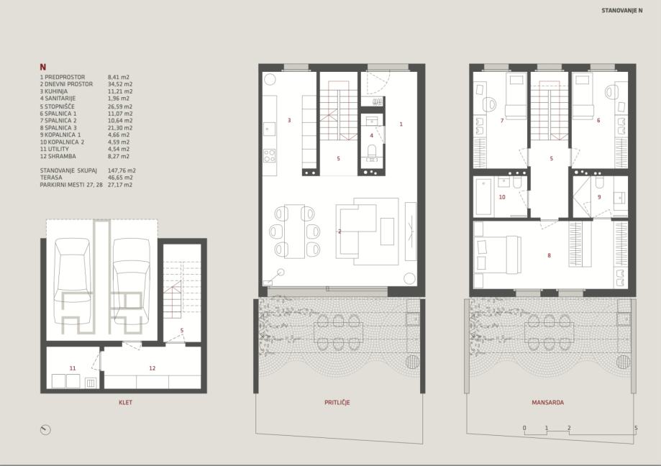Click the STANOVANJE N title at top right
coord(621,11)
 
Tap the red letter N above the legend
coord(43,67)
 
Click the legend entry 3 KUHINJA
coord(57,91)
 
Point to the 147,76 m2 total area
coord(122,170)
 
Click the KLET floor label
coord(126,403)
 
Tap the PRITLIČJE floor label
coord(337,403)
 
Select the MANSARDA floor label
coord(548,403)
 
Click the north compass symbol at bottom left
coord(45,430)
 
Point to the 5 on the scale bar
coord(636,428)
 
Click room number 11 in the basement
coord(73,368)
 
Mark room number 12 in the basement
coord(152,368)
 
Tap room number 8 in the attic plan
coord(549,255)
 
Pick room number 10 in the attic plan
coord(502,197)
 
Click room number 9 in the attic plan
coord(599,197)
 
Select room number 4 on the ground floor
coord(371,136)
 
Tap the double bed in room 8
coord(496,253)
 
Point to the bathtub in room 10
coord(483,197)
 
